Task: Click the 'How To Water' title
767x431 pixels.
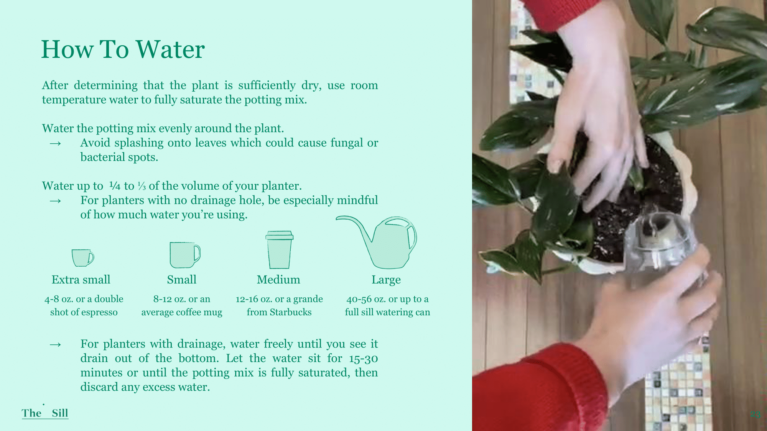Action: click(123, 49)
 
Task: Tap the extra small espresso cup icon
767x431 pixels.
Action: click(83, 258)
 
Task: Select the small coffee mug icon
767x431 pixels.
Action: click(185, 255)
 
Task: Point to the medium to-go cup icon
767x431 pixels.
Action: click(279, 250)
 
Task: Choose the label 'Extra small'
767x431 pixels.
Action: click(81, 280)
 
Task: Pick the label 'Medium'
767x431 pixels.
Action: click(278, 280)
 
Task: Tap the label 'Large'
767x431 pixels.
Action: click(386, 280)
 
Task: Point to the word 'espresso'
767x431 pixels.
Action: click(99, 313)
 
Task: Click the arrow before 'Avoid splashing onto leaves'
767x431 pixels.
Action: click(56, 144)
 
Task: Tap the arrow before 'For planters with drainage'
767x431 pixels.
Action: click(56, 345)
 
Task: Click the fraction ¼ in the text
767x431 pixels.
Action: click(115, 186)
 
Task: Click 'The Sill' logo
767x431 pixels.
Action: click(45, 412)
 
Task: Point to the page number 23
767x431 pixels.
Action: click(755, 414)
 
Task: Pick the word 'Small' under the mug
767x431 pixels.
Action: click(182, 280)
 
